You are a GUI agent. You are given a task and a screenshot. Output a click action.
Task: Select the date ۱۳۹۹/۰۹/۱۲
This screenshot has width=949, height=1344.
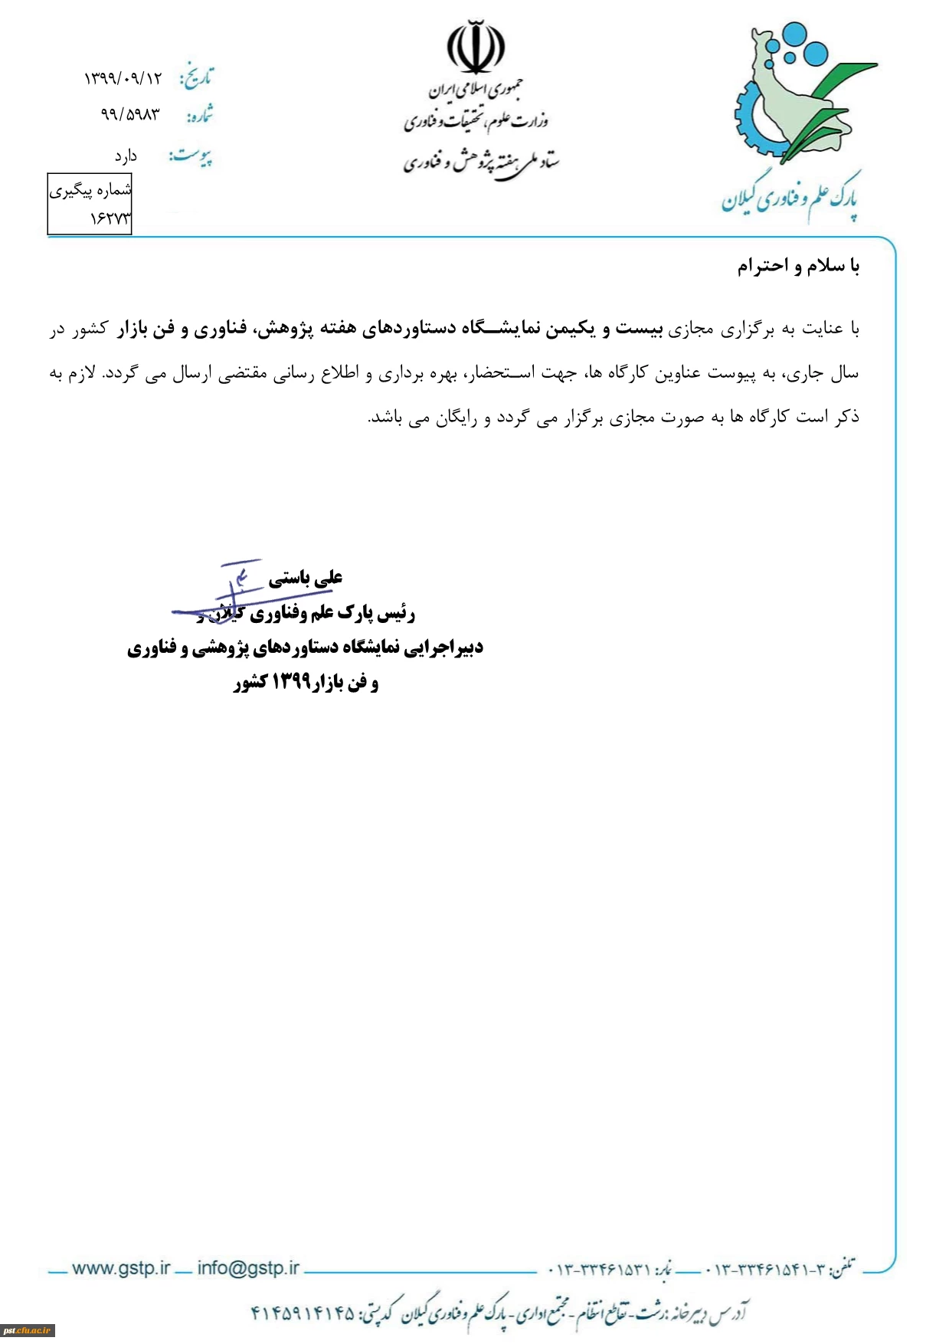pyautogui.click(x=123, y=77)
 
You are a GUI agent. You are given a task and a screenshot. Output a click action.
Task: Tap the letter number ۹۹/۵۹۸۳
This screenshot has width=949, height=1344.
pyautogui.click(x=130, y=115)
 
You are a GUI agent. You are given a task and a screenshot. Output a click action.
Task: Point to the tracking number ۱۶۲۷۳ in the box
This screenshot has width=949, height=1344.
pyautogui.click(x=110, y=219)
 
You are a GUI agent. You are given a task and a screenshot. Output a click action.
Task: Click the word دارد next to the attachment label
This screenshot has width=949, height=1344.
pyautogui.click(x=126, y=157)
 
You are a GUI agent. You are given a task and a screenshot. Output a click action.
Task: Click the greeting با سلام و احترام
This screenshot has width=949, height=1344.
pyautogui.click(x=798, y=266)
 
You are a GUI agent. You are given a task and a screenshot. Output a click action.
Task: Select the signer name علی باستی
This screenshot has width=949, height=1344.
pyautogui.click(x=306, y=578)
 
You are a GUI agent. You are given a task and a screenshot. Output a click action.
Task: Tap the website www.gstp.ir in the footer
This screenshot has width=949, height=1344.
pyautogui.click(x=121, y=1268)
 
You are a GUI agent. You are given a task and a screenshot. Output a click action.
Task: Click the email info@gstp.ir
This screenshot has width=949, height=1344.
pyautogui.click(x=248, y=1268)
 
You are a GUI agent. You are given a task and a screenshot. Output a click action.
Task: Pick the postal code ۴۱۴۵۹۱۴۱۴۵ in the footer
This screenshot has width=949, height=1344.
pyautogui.click(x=303, y=1313)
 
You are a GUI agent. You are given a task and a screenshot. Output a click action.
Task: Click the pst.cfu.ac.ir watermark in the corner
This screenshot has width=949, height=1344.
pyautogui.click(x=27, y=1331)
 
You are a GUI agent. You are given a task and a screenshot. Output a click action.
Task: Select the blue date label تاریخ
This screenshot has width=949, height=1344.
pyautogui.click(x=196, y=77)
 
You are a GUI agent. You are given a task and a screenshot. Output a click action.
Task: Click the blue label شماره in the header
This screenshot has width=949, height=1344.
pyautogui.click(x=199, y=116)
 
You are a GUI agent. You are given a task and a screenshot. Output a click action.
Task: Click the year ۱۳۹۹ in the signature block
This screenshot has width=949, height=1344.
pyautogui.click(x=291, y=682)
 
